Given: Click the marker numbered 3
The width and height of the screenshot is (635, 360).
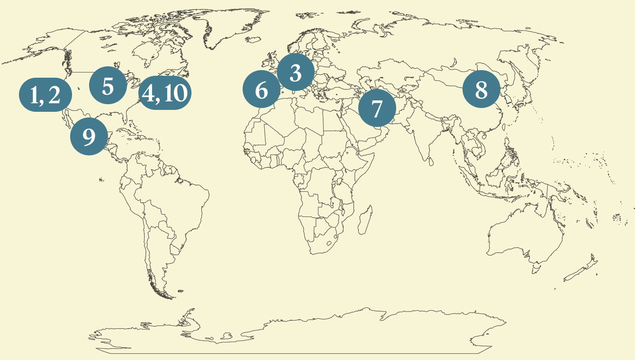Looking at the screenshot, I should click(x=296, y=73).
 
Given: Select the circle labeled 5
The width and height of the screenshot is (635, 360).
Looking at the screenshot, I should click(x=108, y=86).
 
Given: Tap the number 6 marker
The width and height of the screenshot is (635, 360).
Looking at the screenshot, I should click(x=261, y=90).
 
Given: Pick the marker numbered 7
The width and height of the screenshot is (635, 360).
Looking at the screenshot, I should click(x=377, y=108).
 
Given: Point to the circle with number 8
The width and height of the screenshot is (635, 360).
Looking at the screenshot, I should click(x=481, y=89).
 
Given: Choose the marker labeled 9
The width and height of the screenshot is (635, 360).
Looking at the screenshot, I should click(x=89, y=136).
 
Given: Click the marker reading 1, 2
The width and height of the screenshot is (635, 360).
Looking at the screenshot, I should click(x=45, y=94).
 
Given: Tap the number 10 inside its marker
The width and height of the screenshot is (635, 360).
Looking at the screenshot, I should click(x=174, y=93).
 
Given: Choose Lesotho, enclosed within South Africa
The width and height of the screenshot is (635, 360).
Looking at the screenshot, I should click(x=330, y=243).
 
